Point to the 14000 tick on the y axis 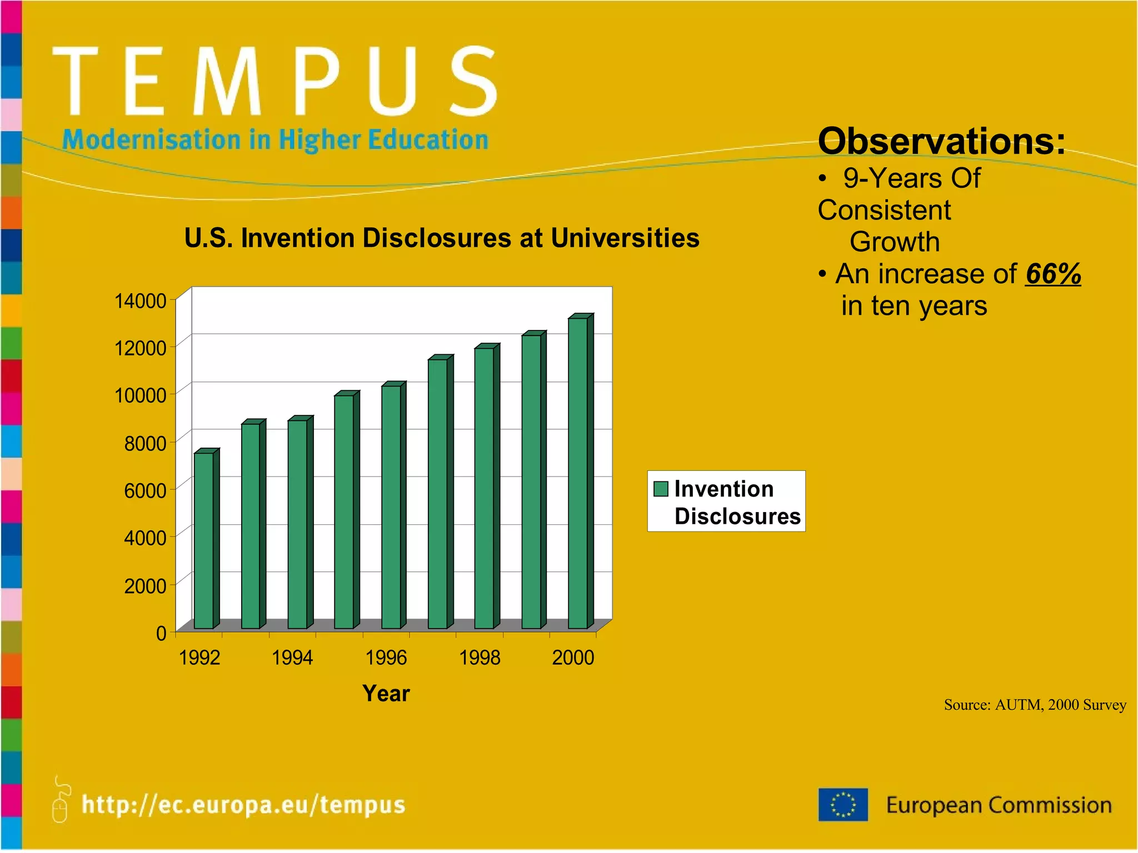[x=140, y=301]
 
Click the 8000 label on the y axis [x=145, y=444]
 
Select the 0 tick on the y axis [x=161, y=633]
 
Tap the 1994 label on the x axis [x=292, y=658]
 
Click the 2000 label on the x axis [x=573, y=658]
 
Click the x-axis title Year [x=386, y=694]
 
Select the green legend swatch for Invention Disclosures [x=661, y=489]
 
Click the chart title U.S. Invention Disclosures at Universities [x=442, y=238]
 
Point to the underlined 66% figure [x=1053, y=274]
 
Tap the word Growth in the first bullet [x=895, y=242]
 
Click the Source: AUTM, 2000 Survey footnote [x=1035, y=705]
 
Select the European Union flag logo [x=843, y=805]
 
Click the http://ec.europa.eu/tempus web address [x=243, y=805]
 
